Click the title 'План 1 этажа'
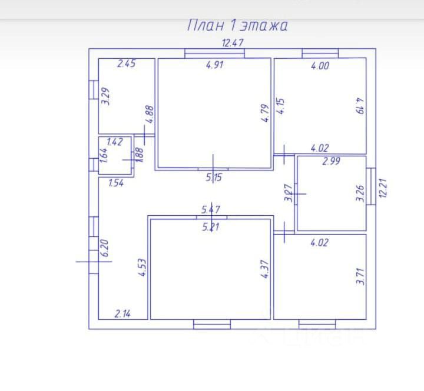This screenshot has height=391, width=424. point(237,25)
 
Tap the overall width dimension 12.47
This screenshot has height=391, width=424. point(233,42)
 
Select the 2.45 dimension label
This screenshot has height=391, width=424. point(126,64)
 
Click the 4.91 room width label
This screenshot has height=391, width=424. point(215,65)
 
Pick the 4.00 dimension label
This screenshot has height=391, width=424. point(320,66)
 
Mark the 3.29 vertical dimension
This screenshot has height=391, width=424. point(106,96)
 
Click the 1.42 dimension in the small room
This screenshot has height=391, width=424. point(114,142)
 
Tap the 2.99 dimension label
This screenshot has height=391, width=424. point(332,161)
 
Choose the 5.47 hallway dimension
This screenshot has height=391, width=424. point(211,209)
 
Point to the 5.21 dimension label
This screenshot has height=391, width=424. point(211,226)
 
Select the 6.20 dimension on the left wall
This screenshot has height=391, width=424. point(105,248)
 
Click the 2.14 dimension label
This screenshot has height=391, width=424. point(122,314)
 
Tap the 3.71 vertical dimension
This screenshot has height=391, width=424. point(360,276)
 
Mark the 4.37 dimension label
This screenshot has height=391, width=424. point(264,272)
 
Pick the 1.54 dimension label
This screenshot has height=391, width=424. point(116,183)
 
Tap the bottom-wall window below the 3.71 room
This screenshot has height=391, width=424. point(316,323)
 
